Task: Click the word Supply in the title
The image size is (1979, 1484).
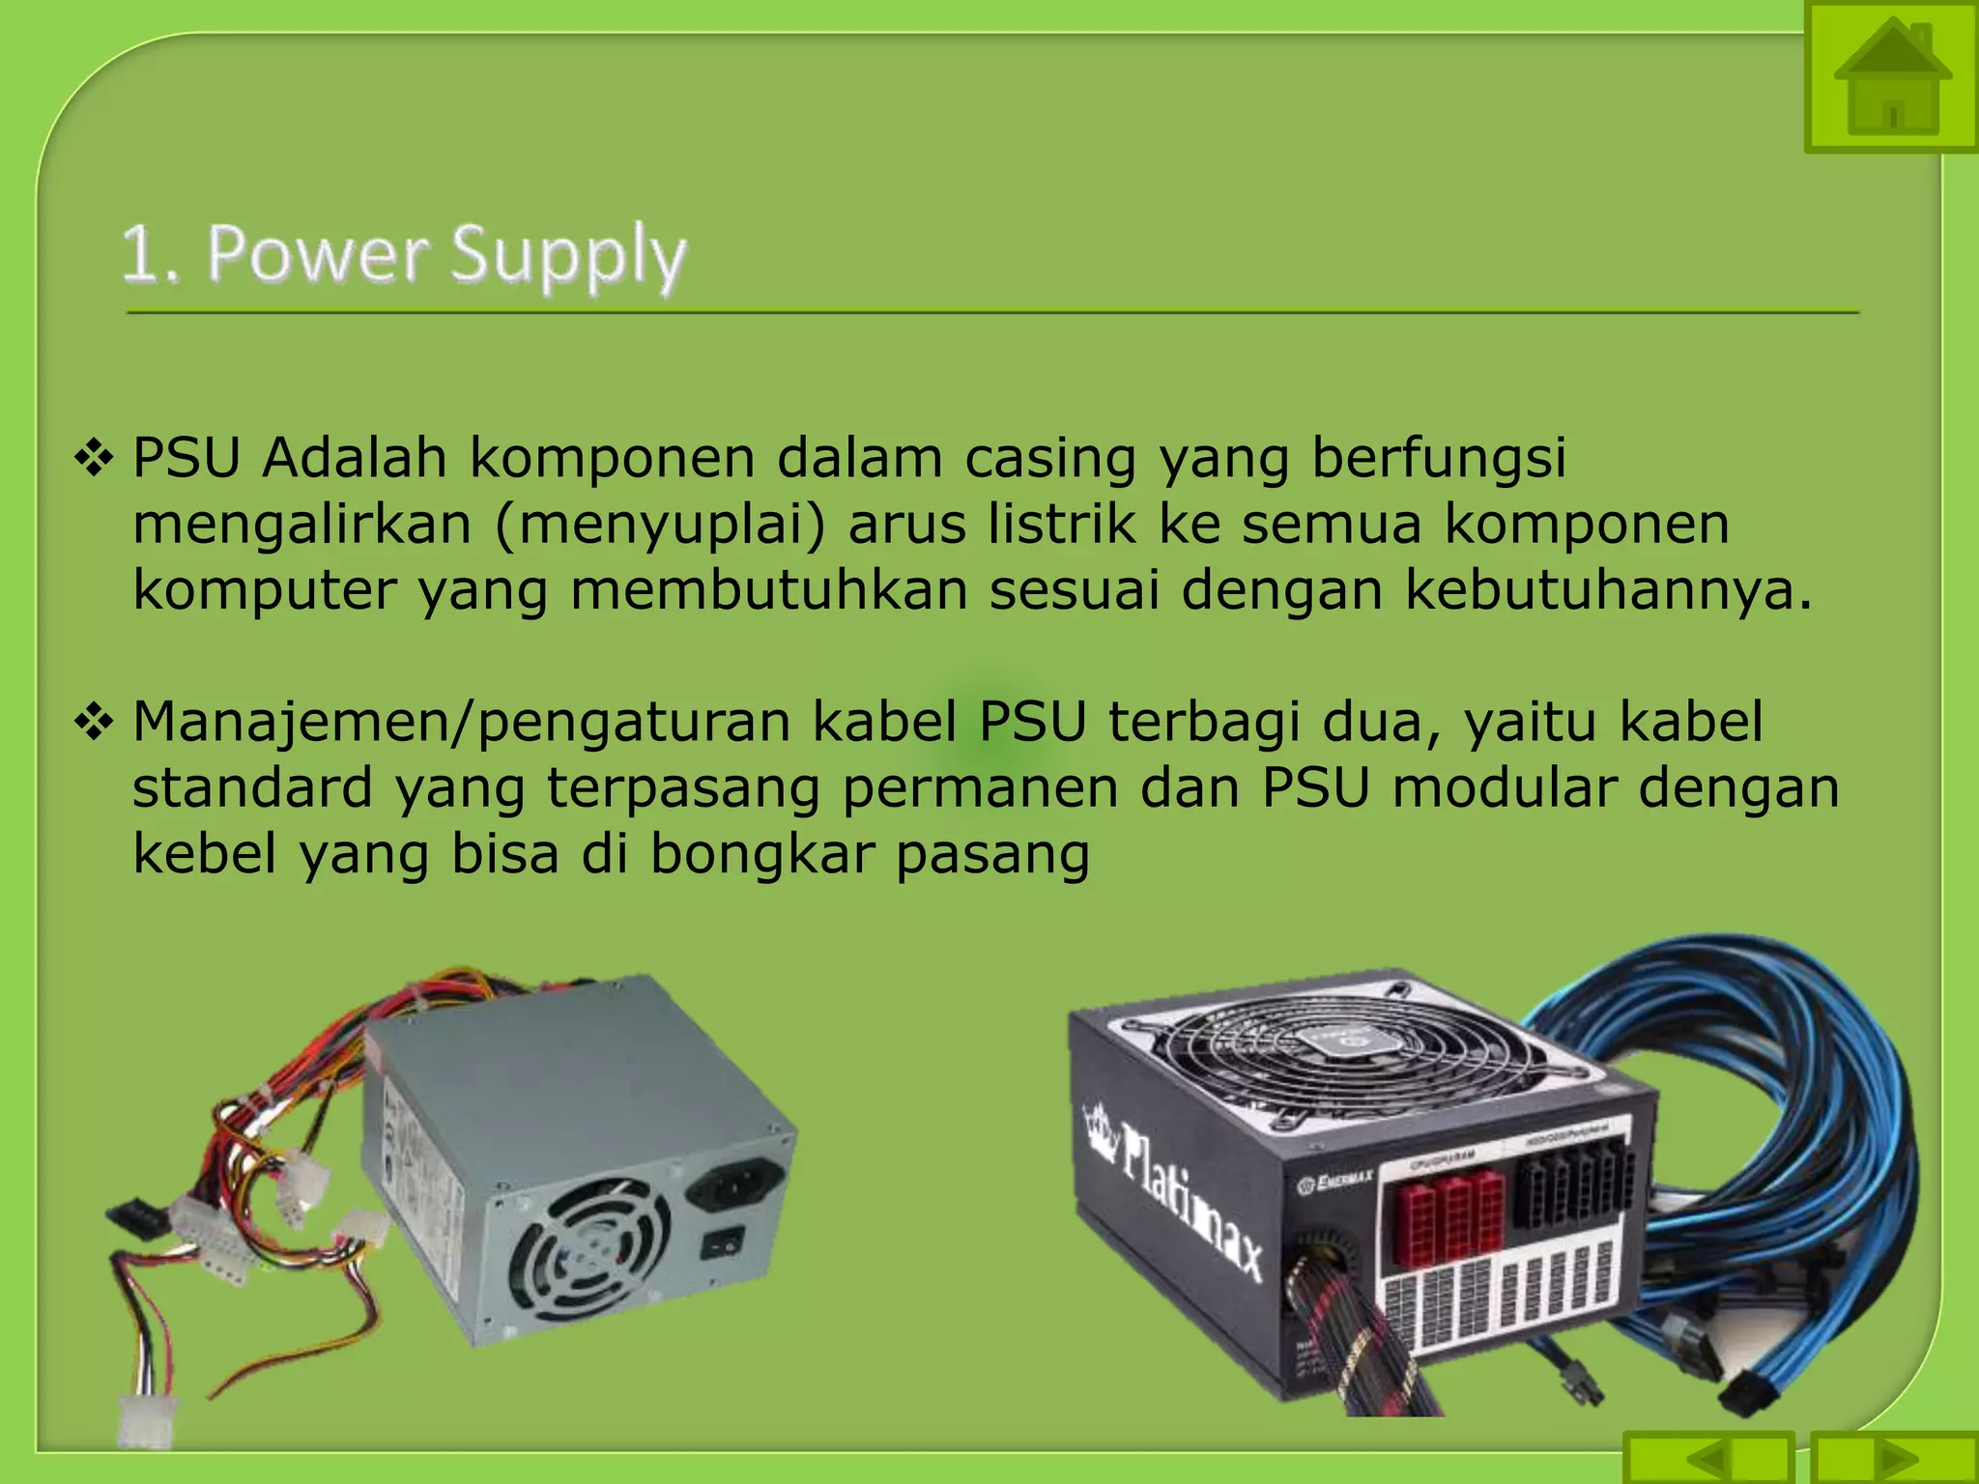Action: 568,255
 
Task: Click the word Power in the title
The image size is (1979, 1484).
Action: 318,253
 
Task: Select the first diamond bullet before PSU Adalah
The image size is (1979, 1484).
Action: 95,458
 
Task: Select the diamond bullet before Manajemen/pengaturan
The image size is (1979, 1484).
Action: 95,723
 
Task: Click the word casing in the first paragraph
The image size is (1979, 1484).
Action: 1050,458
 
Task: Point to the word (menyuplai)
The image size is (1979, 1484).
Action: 661,525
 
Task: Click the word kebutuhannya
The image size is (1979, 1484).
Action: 1608,589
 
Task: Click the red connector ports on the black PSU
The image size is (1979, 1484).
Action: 1448,1217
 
